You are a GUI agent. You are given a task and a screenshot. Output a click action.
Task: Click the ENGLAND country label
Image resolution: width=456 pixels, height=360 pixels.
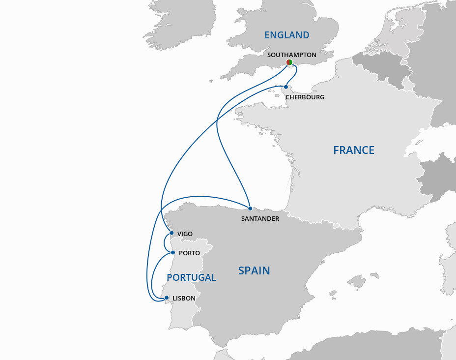[x=286, y=35]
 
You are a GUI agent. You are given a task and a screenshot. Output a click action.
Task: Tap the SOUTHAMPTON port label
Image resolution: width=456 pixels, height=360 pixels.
[x=291, y=55]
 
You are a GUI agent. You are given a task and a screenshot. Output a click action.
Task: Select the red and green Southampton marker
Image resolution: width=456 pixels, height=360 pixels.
[x=289, y=62]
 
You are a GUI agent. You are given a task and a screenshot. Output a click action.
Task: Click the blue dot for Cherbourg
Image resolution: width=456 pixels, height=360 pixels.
[x=286, y=87]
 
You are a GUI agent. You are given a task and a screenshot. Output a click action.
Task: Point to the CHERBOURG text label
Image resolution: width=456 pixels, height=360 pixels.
[x=305, y=97]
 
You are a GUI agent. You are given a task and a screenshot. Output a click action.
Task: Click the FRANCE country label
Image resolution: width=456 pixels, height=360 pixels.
[x=353, y=150]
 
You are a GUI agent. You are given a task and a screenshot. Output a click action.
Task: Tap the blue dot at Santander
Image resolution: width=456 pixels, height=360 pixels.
[x=250, y=209]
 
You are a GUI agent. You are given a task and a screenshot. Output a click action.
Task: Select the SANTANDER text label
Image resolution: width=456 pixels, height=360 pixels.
[x=260, y=218]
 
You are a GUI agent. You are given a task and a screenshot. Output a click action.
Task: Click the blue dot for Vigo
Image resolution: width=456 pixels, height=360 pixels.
[x=171, y=233]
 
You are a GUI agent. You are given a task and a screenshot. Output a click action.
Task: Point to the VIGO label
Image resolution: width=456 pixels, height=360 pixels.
[x=185, y=234]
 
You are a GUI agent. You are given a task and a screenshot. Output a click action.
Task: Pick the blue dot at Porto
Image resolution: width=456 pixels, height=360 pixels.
[x=172, y=253]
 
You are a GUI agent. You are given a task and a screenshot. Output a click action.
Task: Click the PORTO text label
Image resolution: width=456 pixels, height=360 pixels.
[x=189, y=253]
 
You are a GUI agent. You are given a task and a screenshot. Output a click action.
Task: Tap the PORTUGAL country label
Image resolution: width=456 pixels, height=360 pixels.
[x=191, y=277]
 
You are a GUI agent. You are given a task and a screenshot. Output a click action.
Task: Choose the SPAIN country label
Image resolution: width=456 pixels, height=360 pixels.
[x=254, y=270]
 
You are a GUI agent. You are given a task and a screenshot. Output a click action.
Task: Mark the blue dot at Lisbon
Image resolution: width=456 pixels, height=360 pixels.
[x=167, y=298]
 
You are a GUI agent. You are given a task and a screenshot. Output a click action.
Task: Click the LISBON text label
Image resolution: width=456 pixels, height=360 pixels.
[x=184, y=299]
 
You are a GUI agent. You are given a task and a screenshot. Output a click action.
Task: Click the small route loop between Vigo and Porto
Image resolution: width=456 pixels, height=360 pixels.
[x=164, y=243]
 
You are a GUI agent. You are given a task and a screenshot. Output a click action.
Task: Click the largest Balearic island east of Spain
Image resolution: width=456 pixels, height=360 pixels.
[x=357, y=282]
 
